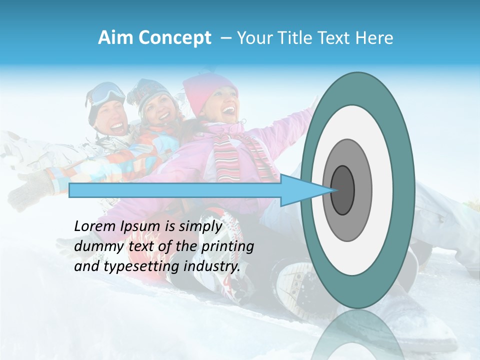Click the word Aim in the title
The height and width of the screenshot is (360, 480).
coord(114,38)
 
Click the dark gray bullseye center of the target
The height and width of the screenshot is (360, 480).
coord(342,190)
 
